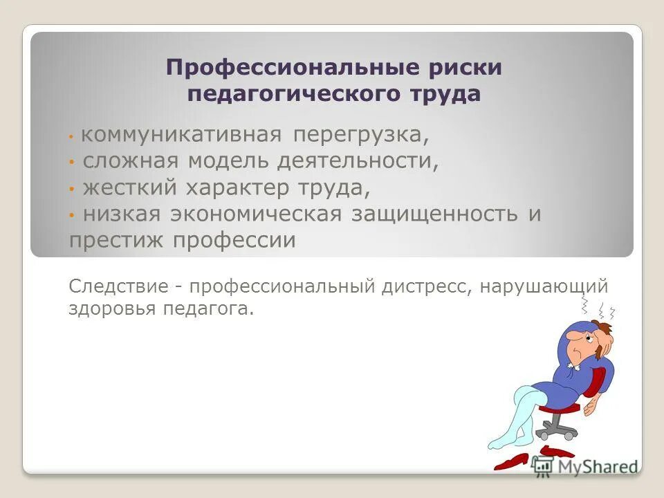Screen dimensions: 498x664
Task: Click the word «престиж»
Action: pyautogui.click(x=118, y=240)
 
